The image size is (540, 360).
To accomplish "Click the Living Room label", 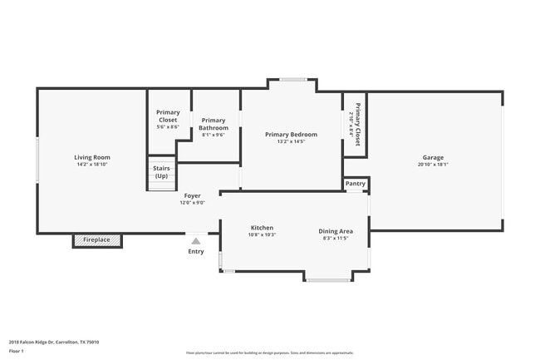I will coord(91,157).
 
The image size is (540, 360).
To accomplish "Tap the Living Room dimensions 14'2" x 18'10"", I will coord(91,165).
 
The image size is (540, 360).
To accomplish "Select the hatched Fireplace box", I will coord(97,240).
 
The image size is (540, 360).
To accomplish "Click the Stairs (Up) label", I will coord(161,172).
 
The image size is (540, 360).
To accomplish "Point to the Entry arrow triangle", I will coord(196,241).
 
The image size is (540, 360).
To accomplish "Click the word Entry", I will coord(196,251).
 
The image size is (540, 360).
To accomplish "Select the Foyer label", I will coord(192,196).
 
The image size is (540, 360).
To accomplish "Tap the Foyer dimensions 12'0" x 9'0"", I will coord(192,203).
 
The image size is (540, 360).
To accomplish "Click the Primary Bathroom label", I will coord(214,124).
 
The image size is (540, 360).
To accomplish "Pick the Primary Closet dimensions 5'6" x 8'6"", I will coord(168,127).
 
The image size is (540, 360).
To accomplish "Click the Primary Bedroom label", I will coord(291,135).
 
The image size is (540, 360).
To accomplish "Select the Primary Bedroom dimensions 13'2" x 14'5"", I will coord(291,141).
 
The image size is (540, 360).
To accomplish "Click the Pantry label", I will coord(356,184).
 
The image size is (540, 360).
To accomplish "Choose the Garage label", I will coord(433,157).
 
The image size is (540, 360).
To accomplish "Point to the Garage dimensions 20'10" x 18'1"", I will coord(433,165).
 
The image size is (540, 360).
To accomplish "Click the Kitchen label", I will coord(262,228).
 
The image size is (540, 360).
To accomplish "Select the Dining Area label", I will coord(336,231).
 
